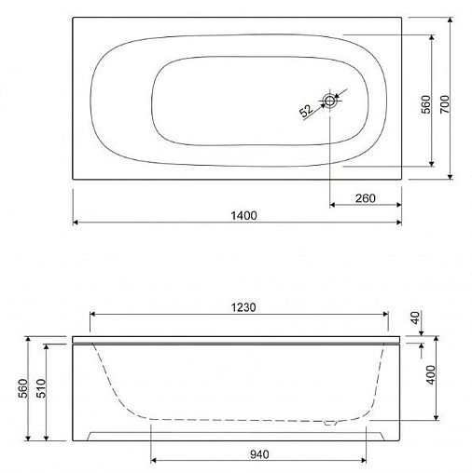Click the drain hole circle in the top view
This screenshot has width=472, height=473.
click(x=331, y=101)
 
